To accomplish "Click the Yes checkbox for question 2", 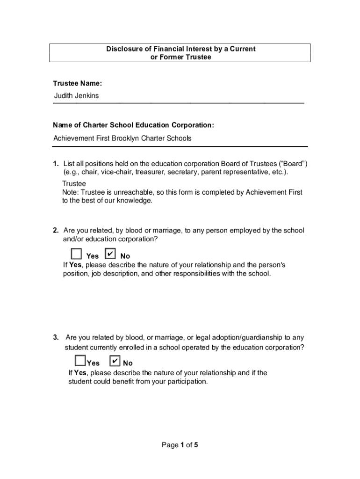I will click(x=76, y=254).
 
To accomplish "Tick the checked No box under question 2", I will click(x=110, y=254).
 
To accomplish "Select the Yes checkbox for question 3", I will click(x=80, y=361).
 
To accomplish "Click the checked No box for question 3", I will click(x=115, y=361).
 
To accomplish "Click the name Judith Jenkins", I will click(x=76, y=96).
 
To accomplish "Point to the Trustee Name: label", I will click(x=77, y=83).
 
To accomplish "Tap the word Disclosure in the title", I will click(x=122, y=49).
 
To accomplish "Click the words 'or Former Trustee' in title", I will click(x=180, y=57).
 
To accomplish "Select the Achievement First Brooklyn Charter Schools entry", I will click(x=122, y=138).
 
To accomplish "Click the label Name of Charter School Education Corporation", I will click(x=133, y=125).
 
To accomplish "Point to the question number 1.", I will click(x=55, y=164).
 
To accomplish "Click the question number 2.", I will click(x=55, y=231).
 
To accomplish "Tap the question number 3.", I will click(x=55, y=337).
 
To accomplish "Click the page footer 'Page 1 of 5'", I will click(x=180, y=445).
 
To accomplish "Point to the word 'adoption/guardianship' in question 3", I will click(x=243, y=337).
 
